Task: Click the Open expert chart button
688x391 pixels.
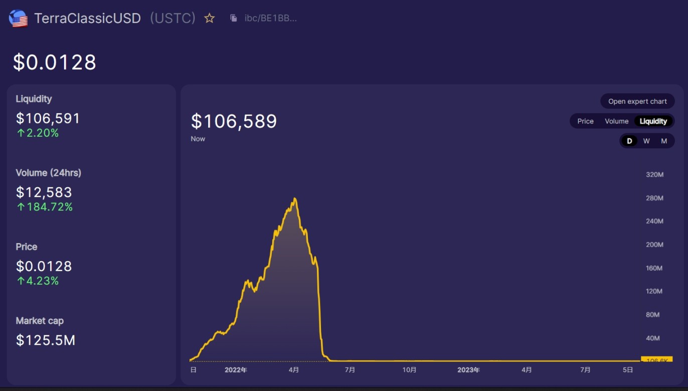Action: (637, 101)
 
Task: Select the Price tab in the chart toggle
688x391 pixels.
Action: (585, 121)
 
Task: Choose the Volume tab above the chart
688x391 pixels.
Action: (616, 121)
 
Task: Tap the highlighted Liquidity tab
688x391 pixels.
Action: (653, 121)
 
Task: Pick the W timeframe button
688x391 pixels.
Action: (646, 141)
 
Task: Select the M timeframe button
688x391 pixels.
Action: (664, 141)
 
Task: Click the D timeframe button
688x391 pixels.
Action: (629, 141)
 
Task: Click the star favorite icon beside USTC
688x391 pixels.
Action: (210, 19)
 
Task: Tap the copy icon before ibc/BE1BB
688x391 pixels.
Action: (234, 19)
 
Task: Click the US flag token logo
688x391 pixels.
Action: (19, 19)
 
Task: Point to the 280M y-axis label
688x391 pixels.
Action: (654, 198)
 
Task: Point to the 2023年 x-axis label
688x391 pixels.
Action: (468, 370)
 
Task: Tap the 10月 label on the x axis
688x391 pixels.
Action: (409, 370)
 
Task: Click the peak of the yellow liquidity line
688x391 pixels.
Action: (295, 199)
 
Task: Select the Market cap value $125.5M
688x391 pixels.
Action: (46, 340)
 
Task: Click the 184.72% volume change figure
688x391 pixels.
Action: (49, 207)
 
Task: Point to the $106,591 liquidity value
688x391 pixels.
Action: (48, 118)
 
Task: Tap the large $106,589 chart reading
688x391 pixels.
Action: (234, 121)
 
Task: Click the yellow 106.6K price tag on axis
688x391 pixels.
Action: (656, 360)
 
